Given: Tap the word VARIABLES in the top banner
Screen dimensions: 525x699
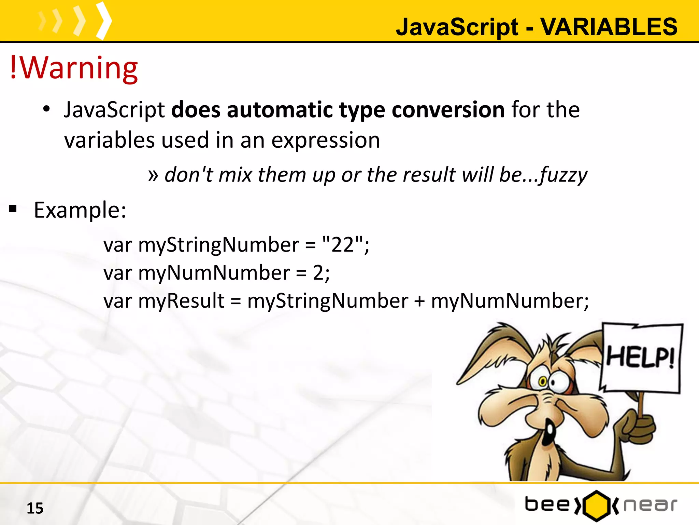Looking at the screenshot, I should pyautogui.click(x=609, y=27).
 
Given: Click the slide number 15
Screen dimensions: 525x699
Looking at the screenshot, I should pyautogui.click(x=35, y=508).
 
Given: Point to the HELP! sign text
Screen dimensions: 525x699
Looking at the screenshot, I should pyautogui.click(x=640, y=357).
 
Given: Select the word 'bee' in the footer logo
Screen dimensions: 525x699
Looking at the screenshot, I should pyautogui.click(x=547, y=504).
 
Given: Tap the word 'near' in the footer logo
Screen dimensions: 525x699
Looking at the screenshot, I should pyautogui.click(x=650, y=505).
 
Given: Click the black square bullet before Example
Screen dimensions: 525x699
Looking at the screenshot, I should pyautogui.click(x=13, y=209).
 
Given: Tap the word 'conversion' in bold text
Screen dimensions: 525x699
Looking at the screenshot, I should pyautogui.click(x=448, y=110).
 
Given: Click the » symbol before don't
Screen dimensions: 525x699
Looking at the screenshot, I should pyautogui.click(x=153, y=175).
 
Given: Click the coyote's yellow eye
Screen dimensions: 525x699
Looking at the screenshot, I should pyautogui.click(x=542, y=381).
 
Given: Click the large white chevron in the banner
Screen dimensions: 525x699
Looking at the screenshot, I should pyautogui.click(x=104, y=21).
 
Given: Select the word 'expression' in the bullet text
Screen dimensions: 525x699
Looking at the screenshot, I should pyautogui.click(x=326, y=140).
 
